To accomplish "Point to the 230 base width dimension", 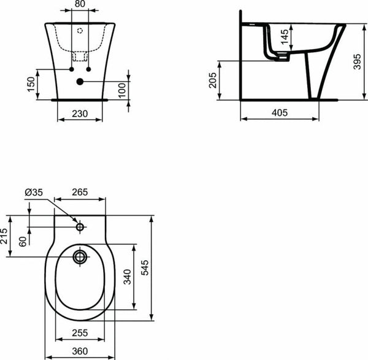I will click(x=80, y=113).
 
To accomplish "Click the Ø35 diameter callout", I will click(x=33, y=193).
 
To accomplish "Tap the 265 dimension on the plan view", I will click(x=79, y=193).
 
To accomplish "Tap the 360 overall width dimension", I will click(x=79, y=351).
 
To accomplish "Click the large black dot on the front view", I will click(x=80, y=82).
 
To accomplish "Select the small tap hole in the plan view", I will click(x=80, y=228).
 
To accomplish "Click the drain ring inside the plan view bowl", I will click(x=80, y=256).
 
